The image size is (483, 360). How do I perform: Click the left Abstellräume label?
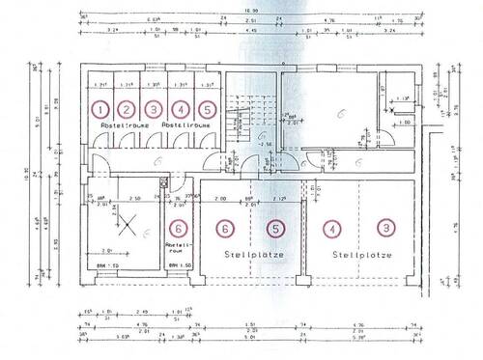(118, 126)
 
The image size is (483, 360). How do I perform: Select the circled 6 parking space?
(225, 229)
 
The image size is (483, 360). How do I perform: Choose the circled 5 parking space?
(276, 229)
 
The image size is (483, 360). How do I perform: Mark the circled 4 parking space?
(332, 229)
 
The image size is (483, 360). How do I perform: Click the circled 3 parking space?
(385, 229)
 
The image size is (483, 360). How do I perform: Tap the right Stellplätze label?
(358, 256)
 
